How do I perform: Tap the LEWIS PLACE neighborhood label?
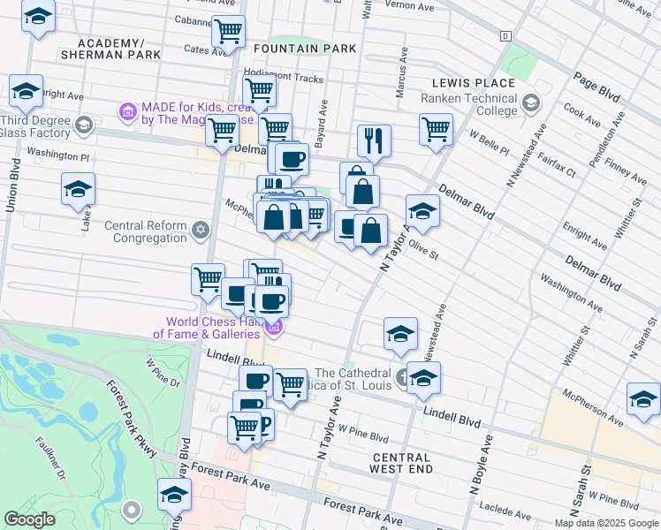point(473,83)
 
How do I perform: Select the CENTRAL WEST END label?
point(401,464)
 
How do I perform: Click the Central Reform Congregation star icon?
point(201,231)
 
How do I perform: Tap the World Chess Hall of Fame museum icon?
point(274,328)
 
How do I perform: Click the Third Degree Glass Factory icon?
point(83,125)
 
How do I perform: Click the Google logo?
point(29,519)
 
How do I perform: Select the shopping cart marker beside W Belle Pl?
point(436,129)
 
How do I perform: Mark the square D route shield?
point(505,36)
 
